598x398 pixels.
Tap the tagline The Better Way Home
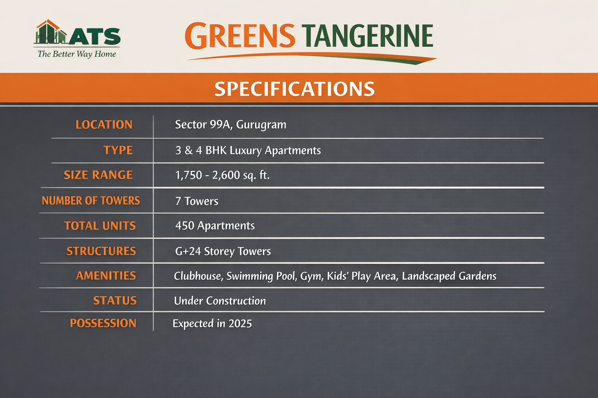77,54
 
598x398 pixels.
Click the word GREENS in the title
240,36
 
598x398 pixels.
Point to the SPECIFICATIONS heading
294,89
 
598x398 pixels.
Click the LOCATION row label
104,125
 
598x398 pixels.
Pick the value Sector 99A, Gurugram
230,125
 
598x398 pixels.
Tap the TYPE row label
118,150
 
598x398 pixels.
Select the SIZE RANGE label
98,175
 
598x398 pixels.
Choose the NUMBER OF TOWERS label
91,201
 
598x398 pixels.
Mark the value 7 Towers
197,201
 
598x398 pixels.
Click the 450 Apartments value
215,225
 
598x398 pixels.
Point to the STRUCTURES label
101,251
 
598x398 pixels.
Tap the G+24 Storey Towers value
223,251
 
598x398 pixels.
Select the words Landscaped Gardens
449,276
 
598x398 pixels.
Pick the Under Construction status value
220,301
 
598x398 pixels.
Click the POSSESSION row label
103,323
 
